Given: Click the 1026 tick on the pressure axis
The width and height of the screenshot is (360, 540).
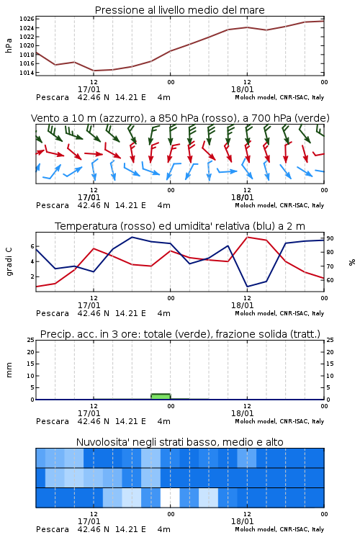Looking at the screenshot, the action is (x=27, y=19).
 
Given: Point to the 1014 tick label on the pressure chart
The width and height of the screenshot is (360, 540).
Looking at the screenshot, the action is (x=27, y=73).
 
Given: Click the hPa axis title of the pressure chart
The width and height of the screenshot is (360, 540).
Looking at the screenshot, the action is (x=9, y=45).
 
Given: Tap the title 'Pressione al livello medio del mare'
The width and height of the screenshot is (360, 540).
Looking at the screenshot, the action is (x=180, y=10).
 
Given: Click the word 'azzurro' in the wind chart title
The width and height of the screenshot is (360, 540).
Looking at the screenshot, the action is (x=121, y=118).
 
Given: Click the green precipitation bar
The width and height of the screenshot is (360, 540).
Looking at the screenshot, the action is (x=161, y=397).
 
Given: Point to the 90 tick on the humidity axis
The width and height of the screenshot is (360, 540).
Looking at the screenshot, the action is (x=330, y=238).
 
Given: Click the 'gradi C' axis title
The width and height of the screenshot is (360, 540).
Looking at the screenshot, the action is (x=9, y=262).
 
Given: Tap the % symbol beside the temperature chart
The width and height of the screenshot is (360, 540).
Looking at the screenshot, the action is (x=352, y=262).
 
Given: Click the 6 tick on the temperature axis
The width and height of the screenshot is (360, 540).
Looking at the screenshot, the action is (x=32, y=246).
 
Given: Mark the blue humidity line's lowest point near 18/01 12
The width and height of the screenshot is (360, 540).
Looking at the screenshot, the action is (x=248, y=287).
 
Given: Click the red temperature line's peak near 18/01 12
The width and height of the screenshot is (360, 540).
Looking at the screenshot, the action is (x=248, y=237).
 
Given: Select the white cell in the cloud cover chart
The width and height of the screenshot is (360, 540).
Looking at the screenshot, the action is (x=170, y=498).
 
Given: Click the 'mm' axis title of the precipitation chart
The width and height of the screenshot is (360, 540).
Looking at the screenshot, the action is (x=9, y=370).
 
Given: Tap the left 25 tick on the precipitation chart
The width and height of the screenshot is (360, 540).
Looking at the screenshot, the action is (x=31, y=340).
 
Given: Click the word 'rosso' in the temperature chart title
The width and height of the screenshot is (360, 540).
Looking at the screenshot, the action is (x=137, y=226).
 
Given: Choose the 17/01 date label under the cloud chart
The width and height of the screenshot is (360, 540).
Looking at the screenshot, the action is (x=89, y=521).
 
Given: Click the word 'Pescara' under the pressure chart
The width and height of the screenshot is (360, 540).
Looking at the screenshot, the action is (x=53, y=97).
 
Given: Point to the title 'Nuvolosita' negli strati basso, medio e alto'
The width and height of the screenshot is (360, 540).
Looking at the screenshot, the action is (x=180, y=442).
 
